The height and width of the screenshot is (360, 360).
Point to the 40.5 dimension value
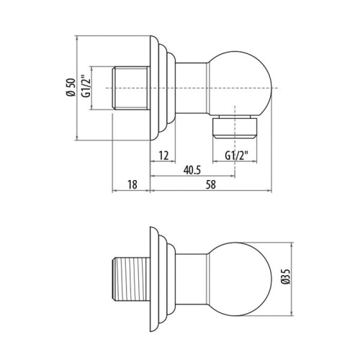(x=191, y=171)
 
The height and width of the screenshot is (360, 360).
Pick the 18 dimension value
(x=132, y=185)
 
